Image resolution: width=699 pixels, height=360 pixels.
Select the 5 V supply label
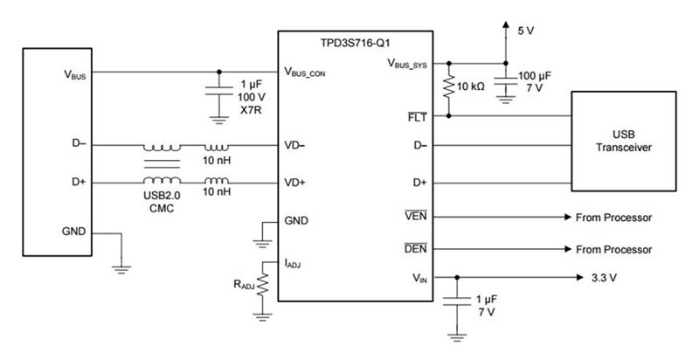pos(525,31)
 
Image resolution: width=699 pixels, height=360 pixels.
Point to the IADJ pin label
pos(295,260)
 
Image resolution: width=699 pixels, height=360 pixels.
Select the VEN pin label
pos(417,216)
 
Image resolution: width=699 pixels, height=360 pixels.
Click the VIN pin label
pos(419,278)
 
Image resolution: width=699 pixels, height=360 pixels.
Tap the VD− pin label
pos(296,145)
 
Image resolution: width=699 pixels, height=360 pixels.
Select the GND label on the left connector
pos(73,232)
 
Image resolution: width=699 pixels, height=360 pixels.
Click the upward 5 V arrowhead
pos(505,27)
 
